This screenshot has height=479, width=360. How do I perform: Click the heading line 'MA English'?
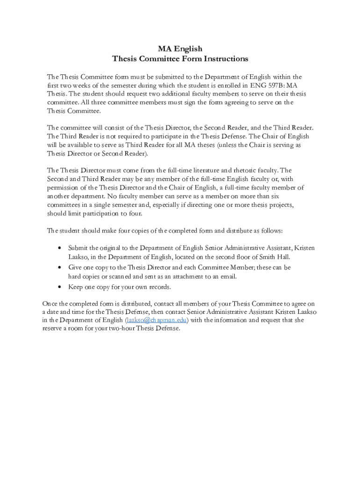click(180, 49)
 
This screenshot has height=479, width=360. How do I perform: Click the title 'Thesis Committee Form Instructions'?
click(180, 59)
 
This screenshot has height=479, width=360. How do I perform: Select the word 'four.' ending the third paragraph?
click(134, 214)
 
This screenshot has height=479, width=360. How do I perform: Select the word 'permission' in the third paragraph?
click(63, 188)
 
